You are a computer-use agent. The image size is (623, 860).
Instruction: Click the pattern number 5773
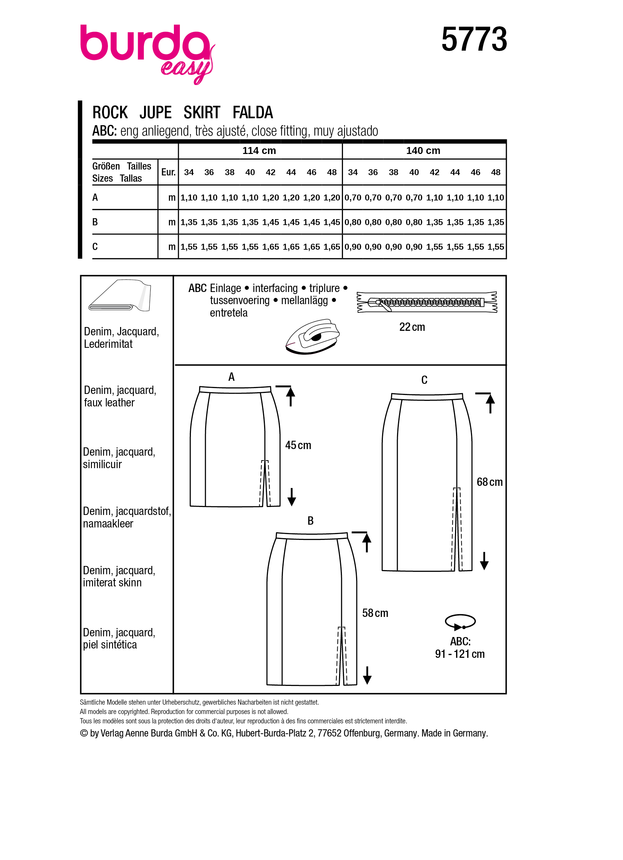point(474,40)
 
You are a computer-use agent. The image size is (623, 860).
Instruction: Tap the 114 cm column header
point(259,150)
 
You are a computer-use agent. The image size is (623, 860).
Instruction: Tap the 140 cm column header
point(423,150)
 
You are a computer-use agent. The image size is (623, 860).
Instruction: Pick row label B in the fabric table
point(95,222)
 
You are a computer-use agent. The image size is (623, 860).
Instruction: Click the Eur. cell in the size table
point(168,172)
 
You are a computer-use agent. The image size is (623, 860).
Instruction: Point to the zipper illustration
point(427,302)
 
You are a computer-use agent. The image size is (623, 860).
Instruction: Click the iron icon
point(313,336)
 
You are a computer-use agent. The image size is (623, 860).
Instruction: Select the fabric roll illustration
point(119,296)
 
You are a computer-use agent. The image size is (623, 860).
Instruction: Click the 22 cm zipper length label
point(412,327)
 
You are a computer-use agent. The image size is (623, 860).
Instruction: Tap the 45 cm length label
point(298,445)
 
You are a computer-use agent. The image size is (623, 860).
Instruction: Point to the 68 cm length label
point(489,482)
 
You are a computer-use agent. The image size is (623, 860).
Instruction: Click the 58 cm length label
point(375,613)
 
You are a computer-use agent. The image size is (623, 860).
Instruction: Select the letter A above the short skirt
point(231,377)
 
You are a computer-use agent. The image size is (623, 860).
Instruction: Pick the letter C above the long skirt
point(424,380)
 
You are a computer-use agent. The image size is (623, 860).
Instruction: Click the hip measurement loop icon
point(460,622)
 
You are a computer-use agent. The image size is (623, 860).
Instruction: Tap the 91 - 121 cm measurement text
point(460,654)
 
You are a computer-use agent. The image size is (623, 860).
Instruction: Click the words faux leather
point(109,403)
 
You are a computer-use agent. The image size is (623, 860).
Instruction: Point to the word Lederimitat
point(108,344)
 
